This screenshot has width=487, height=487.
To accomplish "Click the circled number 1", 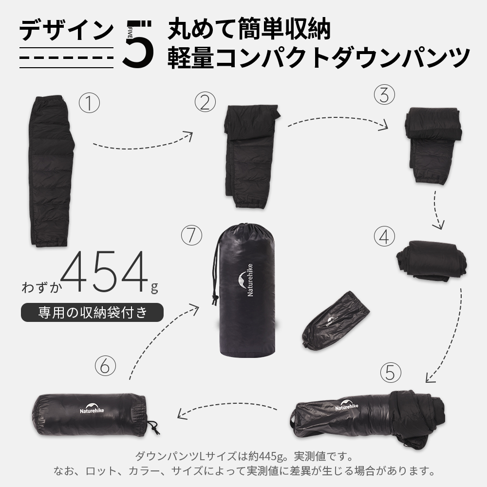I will click(89, 103).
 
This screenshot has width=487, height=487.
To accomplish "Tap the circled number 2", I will click(205, 102).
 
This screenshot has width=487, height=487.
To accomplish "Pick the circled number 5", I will click(390, 373).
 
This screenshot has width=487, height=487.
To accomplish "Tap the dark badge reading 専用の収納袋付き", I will click(92, 312).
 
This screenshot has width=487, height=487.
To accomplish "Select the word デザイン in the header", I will click(66, 30).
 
